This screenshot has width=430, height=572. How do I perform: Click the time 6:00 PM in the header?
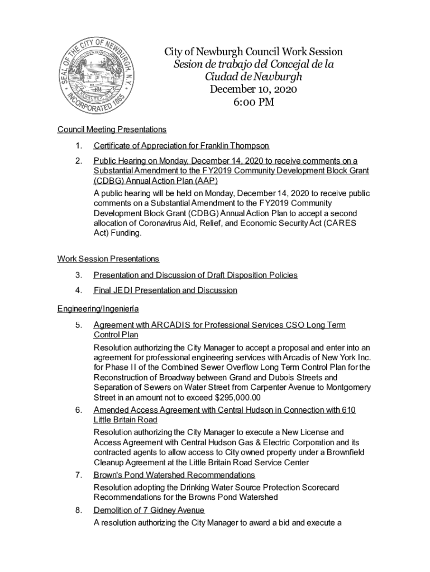tap(253, 102)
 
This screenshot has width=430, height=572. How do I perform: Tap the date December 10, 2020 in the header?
tap(253, 89)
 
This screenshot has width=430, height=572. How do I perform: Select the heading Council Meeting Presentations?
tap(112, 130)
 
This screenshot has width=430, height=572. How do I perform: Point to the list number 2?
tap(80, 161)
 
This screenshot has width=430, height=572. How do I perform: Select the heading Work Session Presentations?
tap(108, 259)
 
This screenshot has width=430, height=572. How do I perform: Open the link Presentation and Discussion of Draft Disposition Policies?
tap(195, 275)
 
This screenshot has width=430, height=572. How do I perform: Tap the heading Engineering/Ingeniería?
tap(98, 308)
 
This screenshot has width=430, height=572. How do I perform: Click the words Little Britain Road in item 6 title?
tap(126, 420)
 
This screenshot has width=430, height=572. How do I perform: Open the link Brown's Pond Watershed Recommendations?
tap(174, 475)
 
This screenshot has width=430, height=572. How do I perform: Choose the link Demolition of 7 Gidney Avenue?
tap(149, 511)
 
